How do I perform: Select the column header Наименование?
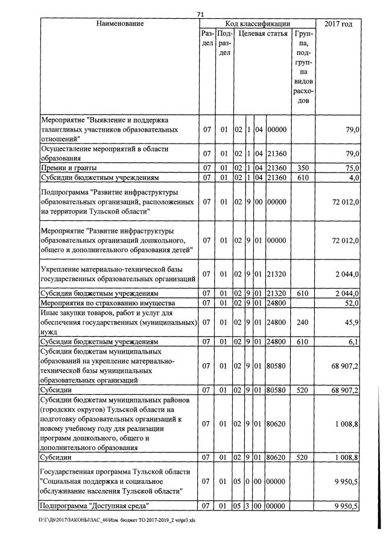119,24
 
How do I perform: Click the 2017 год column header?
338,24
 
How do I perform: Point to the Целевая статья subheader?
263,34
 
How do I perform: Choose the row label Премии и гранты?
68,167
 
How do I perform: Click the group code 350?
303,167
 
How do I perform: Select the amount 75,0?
352,167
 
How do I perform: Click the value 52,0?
352,302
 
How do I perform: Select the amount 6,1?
354,341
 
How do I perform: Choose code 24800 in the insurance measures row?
277,302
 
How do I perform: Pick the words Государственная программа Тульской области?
114,471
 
